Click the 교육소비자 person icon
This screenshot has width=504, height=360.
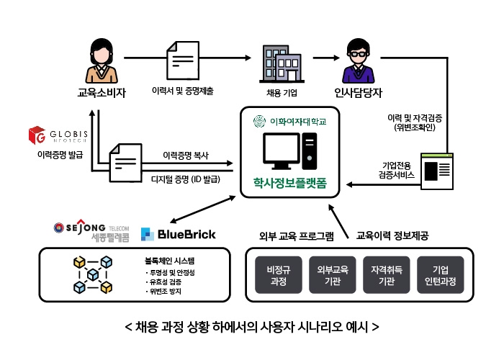coord(101,62)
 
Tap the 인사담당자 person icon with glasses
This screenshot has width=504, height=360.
coord(358,62)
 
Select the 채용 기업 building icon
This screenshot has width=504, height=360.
coord(280,63)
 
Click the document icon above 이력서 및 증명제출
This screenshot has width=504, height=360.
coord(182,62)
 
